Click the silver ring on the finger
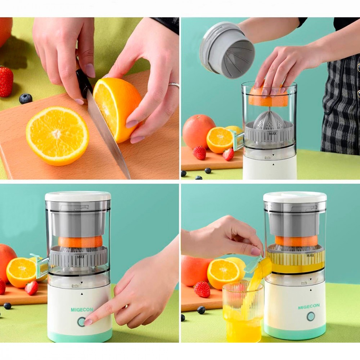[174, 85]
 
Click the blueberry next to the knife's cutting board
[26, 99]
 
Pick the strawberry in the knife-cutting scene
[6, 81]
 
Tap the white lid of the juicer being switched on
[78, 197]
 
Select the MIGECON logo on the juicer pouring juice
[309, 307]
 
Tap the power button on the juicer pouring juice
[310, 316]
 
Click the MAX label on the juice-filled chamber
[310, 255]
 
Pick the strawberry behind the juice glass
[202, 289]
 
